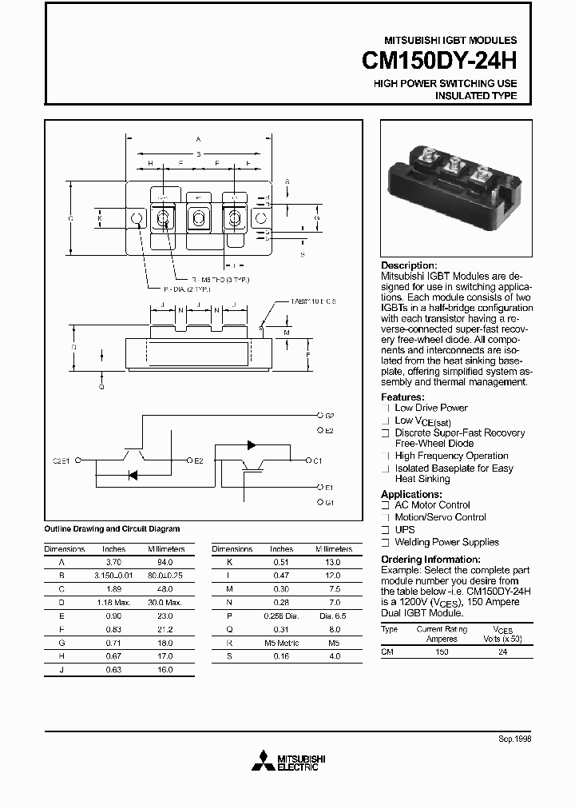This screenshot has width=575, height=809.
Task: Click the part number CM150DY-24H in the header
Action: click(x=440, y=61)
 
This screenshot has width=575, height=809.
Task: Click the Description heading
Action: click(x=409, y=265)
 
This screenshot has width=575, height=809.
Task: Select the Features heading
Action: click(x=402, y=397)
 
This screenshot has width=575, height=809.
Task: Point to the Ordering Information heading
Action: click(x=430, y=560)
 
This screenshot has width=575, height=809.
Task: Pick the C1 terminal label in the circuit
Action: click(x=317, y=460)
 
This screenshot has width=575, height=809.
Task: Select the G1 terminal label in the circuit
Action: click(x=329, y=502)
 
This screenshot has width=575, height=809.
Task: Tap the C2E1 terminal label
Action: click(x=62, y=461)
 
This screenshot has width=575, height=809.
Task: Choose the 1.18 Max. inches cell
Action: click(x=114, y=602)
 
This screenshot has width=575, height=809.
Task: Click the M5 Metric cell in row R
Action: click(x=281, y=643)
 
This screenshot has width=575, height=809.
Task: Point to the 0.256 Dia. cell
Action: click(x=281, y=616)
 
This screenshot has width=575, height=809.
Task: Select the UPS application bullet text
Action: click(x=405, y=530)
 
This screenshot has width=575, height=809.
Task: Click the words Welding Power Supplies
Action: click(x=446, y=542)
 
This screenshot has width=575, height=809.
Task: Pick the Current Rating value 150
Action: click(x=441, y=652)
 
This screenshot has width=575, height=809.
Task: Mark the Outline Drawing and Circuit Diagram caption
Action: click(x=112, y=529)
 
